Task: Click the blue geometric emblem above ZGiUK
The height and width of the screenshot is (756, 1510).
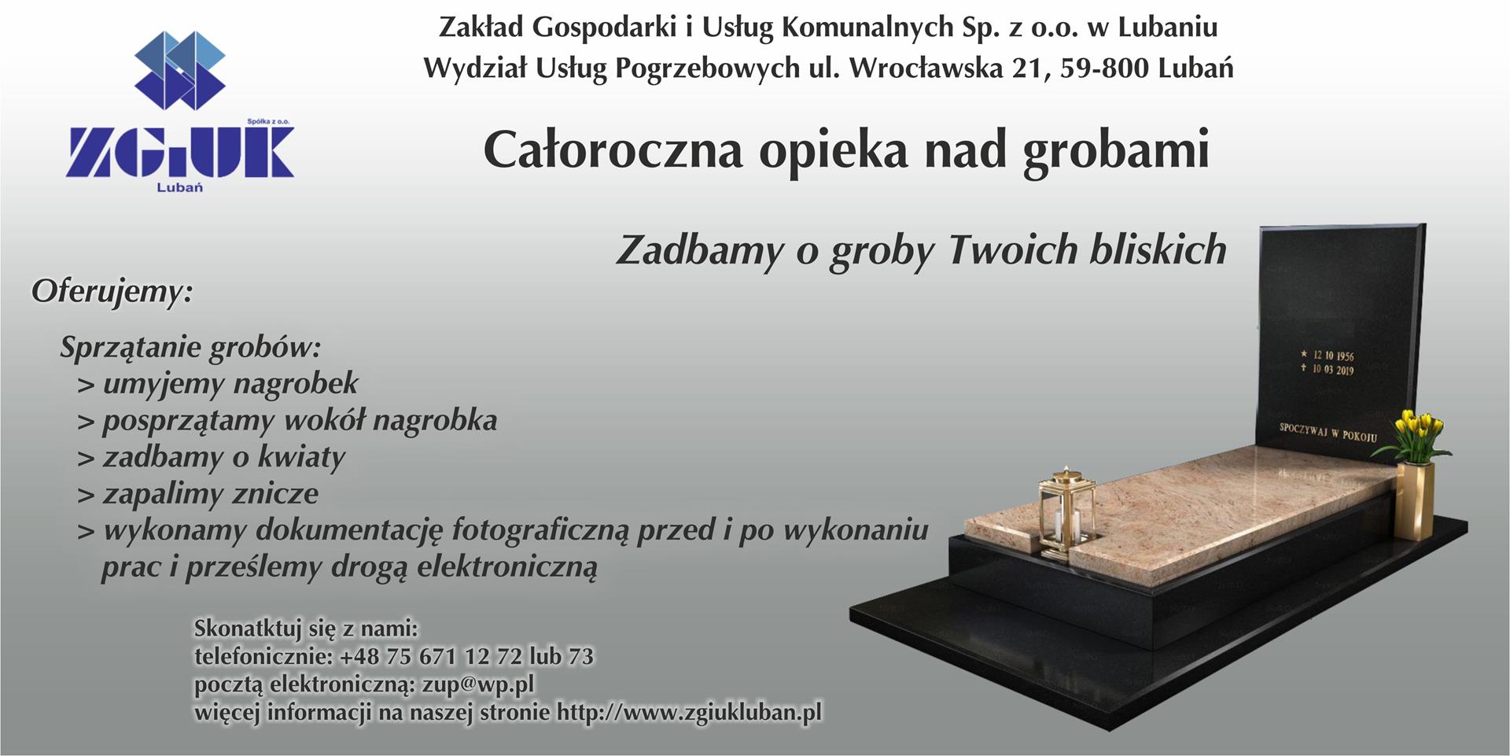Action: pyautogui.click(x=180, y=70)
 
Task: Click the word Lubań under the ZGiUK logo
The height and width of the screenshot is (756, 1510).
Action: pyautogui.click(x=180, y=187)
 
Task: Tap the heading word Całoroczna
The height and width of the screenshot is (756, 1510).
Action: pyautogui.click(x=613, y=149)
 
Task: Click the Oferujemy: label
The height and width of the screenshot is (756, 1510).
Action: pyautogui.click(x=112, y=292)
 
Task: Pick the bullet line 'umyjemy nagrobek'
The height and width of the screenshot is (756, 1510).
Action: pyautogui.click(x=218, y=384)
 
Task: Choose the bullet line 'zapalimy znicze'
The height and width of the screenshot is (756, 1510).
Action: pyautogui.click(x=198, y=494)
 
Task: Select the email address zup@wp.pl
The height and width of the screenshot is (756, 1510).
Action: pyautogui.click(x=478, y=684)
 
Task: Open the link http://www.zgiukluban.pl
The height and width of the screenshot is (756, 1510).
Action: pyautogui.click(x=689, y=713)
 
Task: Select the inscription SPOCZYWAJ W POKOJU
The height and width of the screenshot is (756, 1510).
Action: pyautogui.click(x=1328, y=431)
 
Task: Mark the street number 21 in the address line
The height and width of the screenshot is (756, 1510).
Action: pyautogui.click(x=1028, y=68)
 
